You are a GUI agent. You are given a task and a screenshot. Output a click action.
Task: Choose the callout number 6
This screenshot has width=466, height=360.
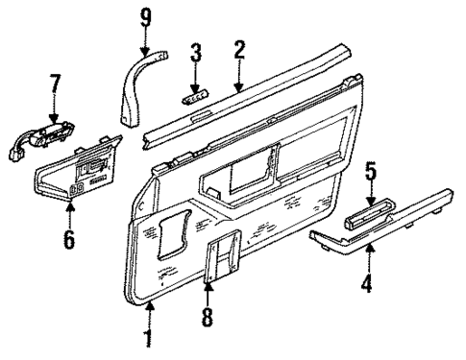68,237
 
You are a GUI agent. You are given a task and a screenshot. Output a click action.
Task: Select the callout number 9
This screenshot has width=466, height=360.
145,16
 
